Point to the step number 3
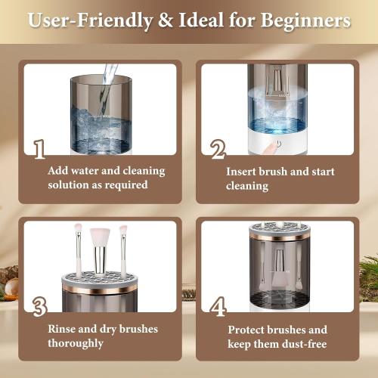coord(40,305)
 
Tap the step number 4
coord(218,306)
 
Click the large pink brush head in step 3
coord(100,237)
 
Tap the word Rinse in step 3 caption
coord(63,328)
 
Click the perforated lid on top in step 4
coord(280,228)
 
